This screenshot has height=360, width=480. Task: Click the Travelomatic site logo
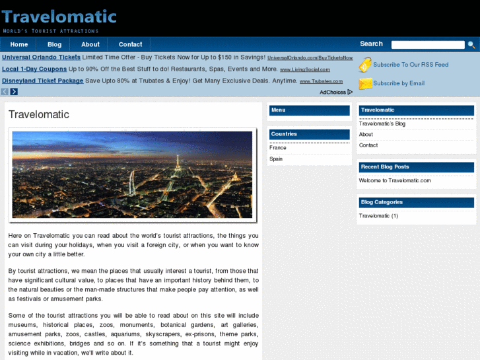tap(59, 17)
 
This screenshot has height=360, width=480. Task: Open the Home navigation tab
tap(19, 44)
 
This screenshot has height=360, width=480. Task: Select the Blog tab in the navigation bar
tap(54, 44)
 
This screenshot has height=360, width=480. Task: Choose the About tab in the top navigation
tap(90, 44)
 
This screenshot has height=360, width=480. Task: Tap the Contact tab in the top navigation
tap(130, 44)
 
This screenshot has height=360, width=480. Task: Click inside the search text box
tap(428, 45)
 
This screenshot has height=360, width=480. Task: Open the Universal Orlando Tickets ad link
tap(41, 57)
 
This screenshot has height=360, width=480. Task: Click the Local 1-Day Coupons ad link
tap(34, 69)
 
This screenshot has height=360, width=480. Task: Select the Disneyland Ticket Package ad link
tap(43, 81)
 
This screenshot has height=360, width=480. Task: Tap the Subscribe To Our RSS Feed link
tap(411, 65)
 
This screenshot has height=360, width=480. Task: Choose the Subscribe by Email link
tap(399, 83)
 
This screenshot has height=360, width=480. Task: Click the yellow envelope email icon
tap(365, 84)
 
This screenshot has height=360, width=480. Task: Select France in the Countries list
tap(278, 148)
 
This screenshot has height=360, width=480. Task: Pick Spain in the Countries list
tap(276, 159)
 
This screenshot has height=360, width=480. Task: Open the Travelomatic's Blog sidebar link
tap(382, 124)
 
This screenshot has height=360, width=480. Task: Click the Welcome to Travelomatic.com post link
tap(395, 180)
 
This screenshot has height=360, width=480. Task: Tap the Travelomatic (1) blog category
tap(378, 216)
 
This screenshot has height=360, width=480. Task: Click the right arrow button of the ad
tap(14, 92)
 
